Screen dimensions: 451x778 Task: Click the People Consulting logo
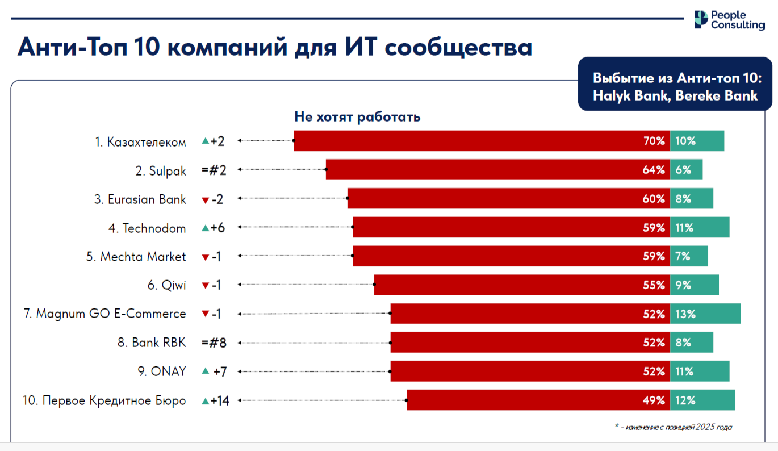point(729,20)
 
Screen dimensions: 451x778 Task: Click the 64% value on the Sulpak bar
point(654,170)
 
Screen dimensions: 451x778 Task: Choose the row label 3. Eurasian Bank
point(140,199)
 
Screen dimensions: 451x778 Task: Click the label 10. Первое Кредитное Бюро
point(104,401)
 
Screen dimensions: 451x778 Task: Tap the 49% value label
point(654,401)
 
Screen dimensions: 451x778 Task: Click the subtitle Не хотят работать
point(357,117)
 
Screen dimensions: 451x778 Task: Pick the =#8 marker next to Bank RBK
point(214,343)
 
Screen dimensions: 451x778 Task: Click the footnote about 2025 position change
point(673,427)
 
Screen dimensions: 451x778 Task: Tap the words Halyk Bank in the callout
point(623,95)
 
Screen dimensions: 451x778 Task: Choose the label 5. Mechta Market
point(136,257)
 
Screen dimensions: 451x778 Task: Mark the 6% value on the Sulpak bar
point(683,170)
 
